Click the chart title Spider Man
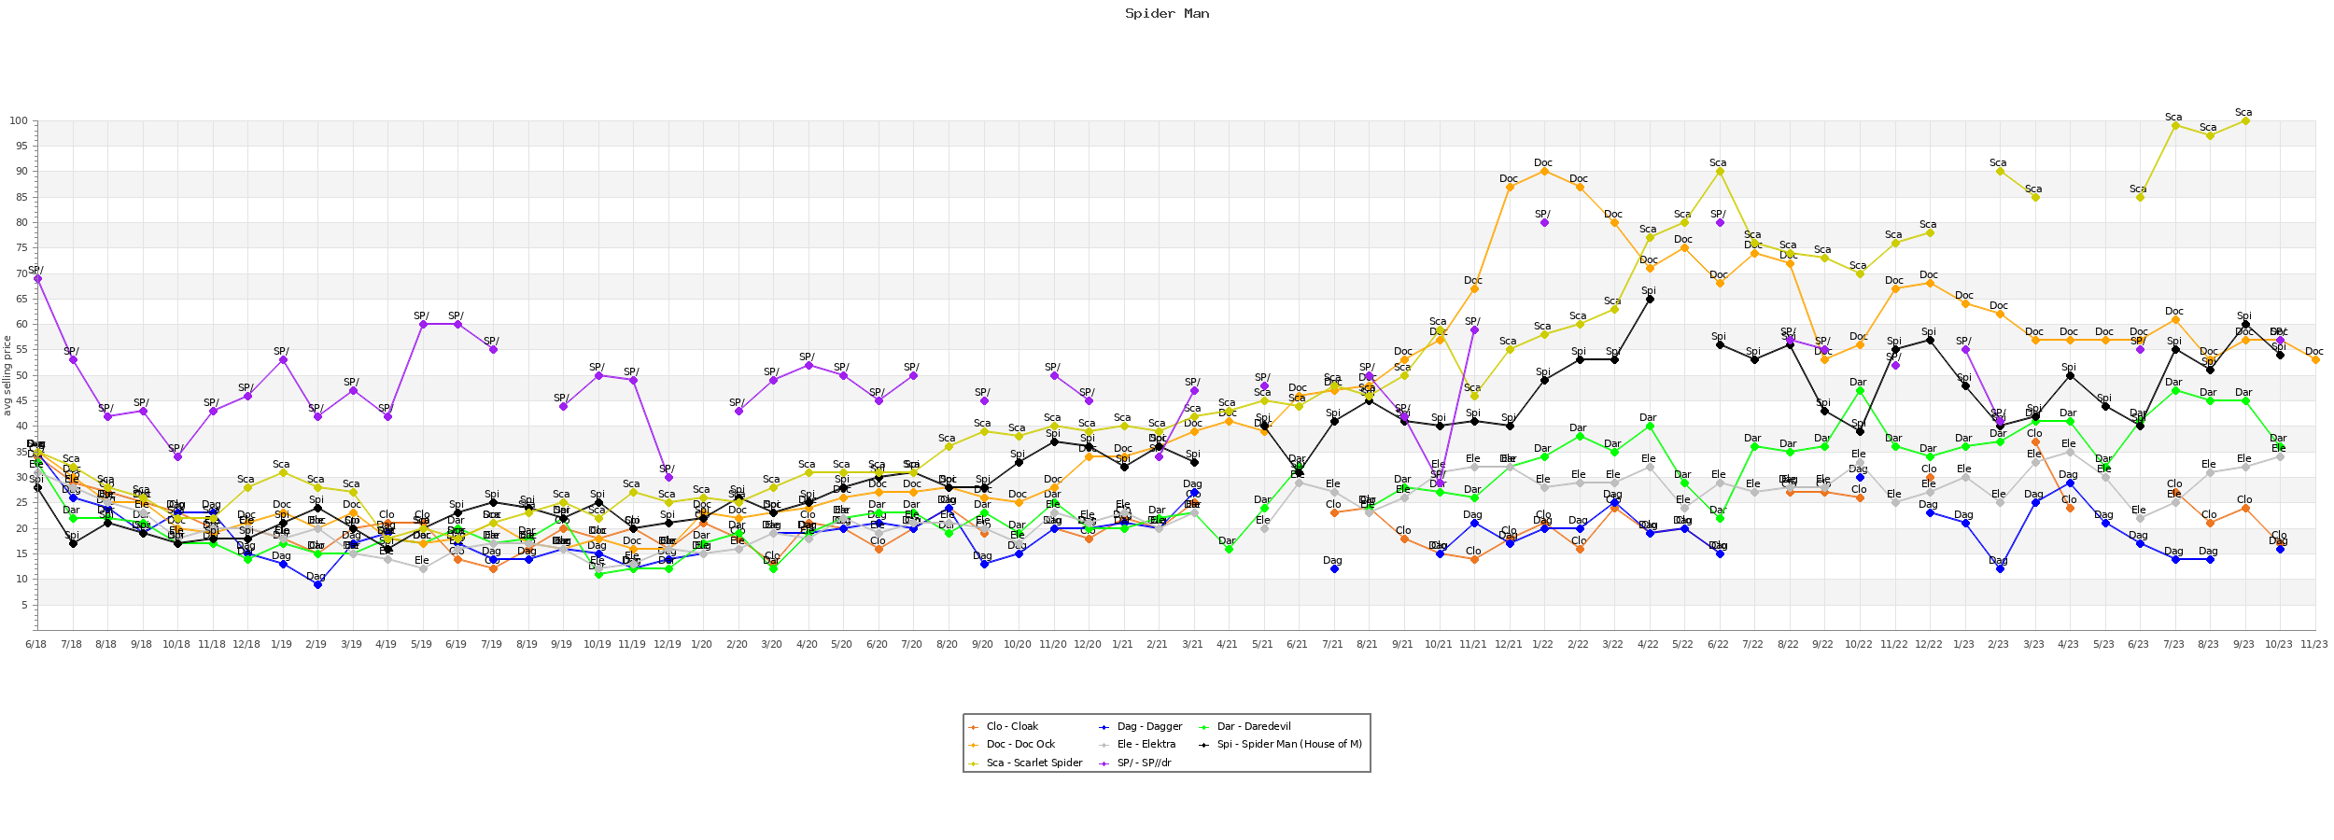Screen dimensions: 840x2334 pos(1166,14)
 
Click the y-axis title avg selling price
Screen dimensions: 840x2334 pos(7,375)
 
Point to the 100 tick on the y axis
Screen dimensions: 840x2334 pos(19,121)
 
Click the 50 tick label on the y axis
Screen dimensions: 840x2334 pos(21,375)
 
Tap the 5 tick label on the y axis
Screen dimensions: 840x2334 pos(24,605)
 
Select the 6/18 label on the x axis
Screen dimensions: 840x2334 pos(35,644)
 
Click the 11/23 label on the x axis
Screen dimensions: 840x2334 pos(2314,644)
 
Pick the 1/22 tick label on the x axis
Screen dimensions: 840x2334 pos(1543,644)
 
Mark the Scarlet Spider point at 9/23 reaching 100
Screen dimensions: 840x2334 pos(2245,121)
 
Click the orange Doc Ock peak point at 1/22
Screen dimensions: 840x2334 pos(1544,172)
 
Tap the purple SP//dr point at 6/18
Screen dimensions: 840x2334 pos(37,279)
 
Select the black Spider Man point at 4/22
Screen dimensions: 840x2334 pos(1650,300)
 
